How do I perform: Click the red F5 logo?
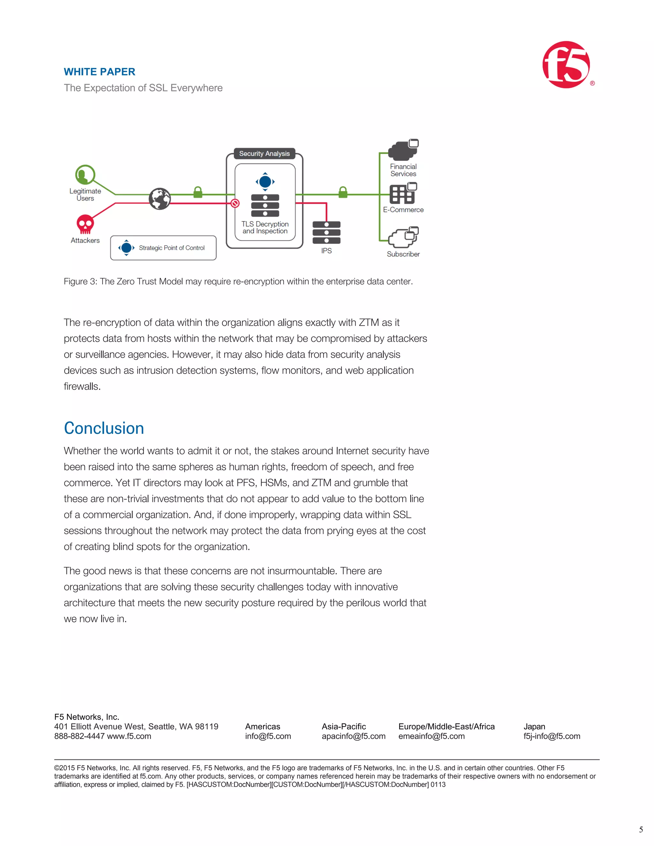[x=566, y=65]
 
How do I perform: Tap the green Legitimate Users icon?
[x=85, y=175]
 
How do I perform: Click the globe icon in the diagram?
[x=160, y=199]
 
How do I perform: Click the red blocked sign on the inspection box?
[x=235, y=203]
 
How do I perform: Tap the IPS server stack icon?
[x=326, y=232]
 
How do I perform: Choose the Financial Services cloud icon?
[x=403, y=150]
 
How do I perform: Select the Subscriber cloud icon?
[x=404, y=237]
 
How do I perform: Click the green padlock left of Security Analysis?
[x=198, y=192]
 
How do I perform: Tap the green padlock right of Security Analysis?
[x=343, y=192]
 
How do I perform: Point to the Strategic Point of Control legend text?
[x=171, y=248]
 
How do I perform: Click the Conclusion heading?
[x=104, y=428]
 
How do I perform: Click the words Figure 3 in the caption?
[x=80, y=282]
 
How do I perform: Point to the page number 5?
[x=641, y=829]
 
